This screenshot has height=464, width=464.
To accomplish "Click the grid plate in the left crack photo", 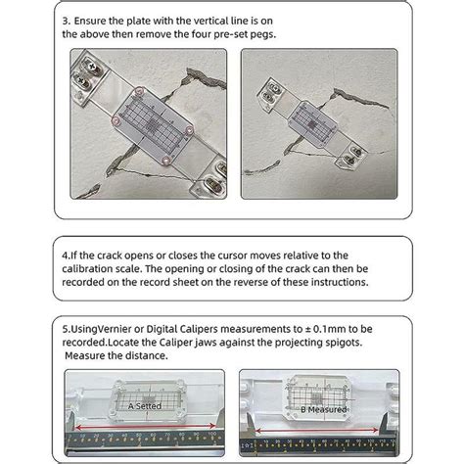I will click(x=145, y=126).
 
